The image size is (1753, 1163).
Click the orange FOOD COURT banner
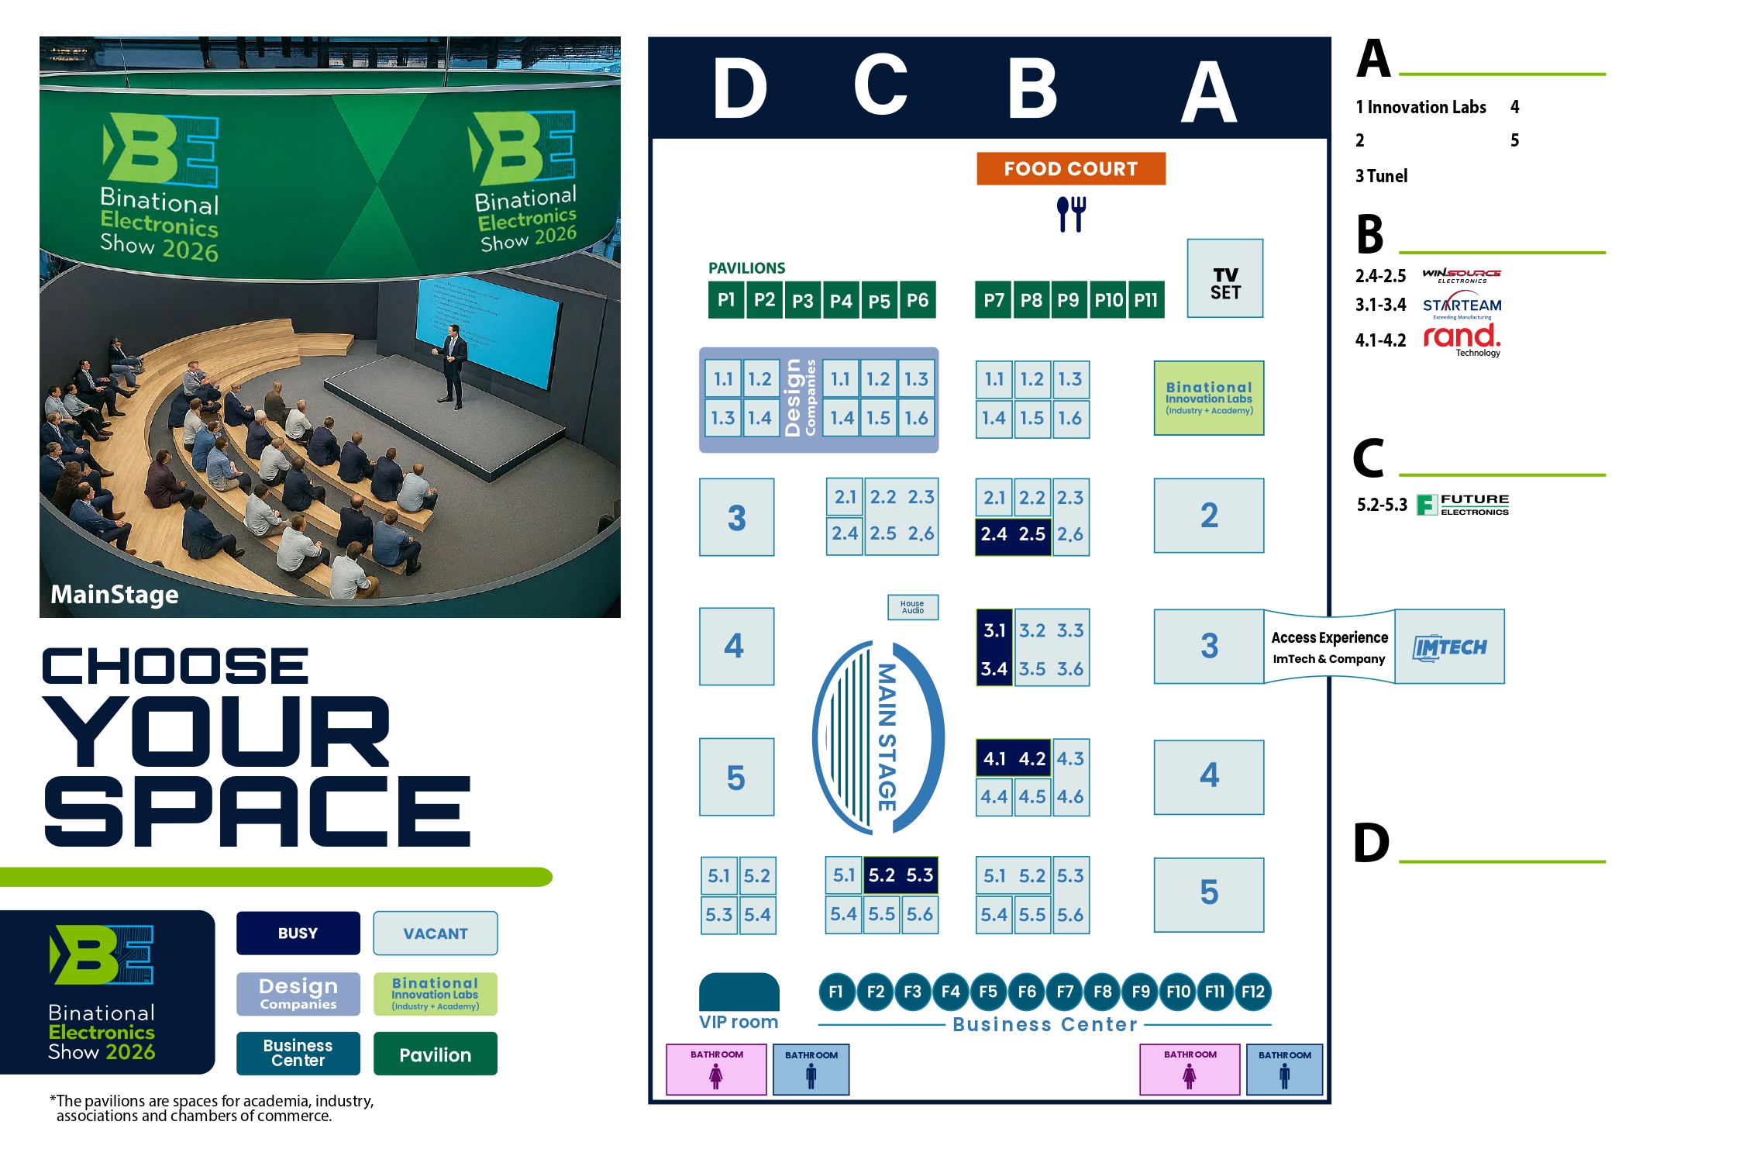pyautogui.click(x=1070, y=168)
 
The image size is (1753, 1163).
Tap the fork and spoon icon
pyautogui.click(x=1071, y=213)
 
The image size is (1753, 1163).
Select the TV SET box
pyautogui.click(x=1224, y=278)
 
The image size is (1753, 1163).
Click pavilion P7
pyautogui.click(x=993, y=300)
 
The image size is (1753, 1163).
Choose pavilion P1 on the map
pyautogui.click(x=726, y=300)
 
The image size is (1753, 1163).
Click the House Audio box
pyautogui.click(x=912, y=607)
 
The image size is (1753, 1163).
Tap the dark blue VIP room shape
pyautogui.click(x=739, y=992)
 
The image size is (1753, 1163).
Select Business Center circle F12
pyautogui.click(x=1252, y=992)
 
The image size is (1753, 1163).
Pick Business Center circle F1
pyautogui.click(x=836, y=992)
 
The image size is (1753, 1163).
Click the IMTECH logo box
pyautogui.click(x=1449, y=647)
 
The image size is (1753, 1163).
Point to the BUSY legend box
pyautogui.click(x=298, y=933)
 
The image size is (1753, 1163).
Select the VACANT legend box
pyautogui.click(x=435, y=933)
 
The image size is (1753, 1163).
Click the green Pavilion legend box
pyautogui.click(x=435, y=1054)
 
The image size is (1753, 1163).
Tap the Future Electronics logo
pyautogui.click(x=1462, y=505)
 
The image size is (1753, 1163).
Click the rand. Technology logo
pyautogui.click(x=1462, y=339)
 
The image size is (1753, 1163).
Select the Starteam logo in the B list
pyautogui.click(x=1462, y=305)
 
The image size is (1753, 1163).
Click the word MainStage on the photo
pyautogui.click(x=115, y=595)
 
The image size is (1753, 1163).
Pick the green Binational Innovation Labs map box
pyautogui.click(x=1208, y=398)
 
